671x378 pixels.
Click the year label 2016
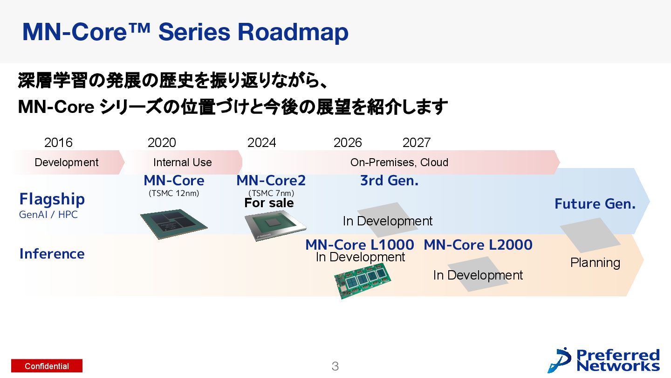click(x=58, y=142)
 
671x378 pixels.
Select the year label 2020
click(x=162, y=142)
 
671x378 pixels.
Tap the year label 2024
click(x=261, y=142)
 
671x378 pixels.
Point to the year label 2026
click(x=348, y=142)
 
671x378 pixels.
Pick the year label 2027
click(x=416, y=142)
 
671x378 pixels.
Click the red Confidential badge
click(x=47, y=366)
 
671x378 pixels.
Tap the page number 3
click(x=335, y=366)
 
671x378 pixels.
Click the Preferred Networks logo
click(x=604, y=360)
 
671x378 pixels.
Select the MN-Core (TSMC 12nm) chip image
click(x=174, y=224)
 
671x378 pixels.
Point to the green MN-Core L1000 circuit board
click(x=363, y=280)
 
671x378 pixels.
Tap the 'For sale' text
click(x=269, y=203)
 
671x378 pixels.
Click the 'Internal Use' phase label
click(x=182, y=162)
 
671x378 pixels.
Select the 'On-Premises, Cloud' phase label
click(x=399, y=162)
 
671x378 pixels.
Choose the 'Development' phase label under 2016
click(x=67, y=162)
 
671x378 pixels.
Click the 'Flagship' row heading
click(x=52, y=199)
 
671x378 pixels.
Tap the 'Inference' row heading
click(x=52, y=254)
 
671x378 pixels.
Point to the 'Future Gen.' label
click(x=595, y=204)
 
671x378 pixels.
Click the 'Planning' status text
click(x=595, y=263)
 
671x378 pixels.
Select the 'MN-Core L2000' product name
click(x=478, y=245)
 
